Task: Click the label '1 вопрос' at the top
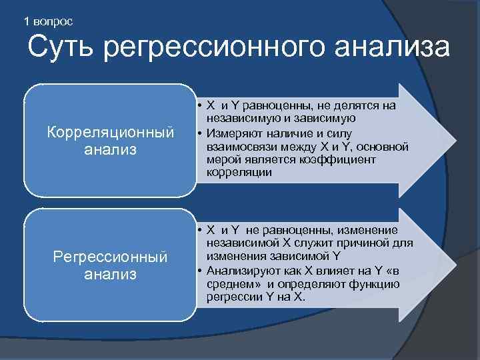point(48,21)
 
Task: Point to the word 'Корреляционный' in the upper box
point(110,131)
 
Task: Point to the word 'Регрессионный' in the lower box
point(110,256)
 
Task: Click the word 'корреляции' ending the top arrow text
point(239,172)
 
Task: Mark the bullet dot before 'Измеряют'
point(200,133)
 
